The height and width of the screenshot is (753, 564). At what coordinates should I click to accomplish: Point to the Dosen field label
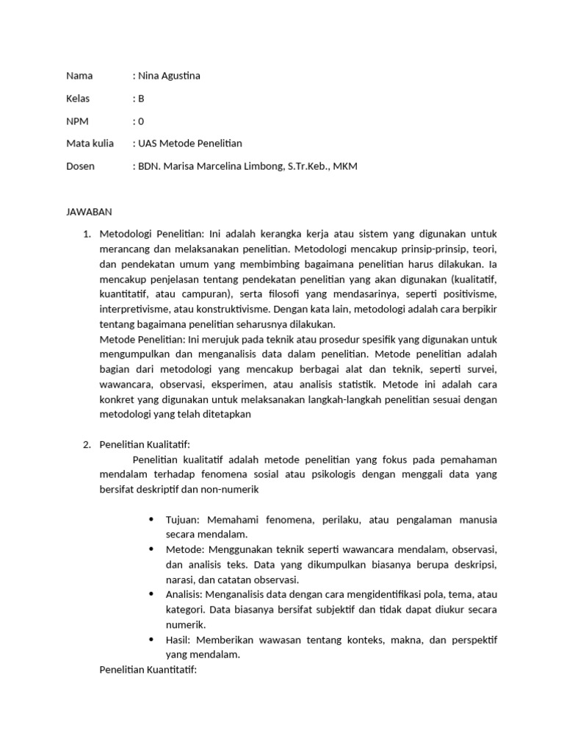tap(80, 166)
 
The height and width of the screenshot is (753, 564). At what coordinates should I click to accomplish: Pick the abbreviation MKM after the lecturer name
tap(345, 166)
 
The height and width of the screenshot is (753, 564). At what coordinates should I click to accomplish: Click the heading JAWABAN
tap(89, 212)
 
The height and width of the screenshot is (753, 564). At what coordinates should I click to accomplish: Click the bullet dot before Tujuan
tap(151, 519)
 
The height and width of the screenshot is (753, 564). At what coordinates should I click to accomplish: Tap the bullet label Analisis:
tap(185, 594)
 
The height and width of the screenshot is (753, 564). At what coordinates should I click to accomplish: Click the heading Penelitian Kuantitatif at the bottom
tap(148, 669)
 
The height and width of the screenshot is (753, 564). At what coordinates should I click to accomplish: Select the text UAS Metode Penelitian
tap(190, 143)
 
